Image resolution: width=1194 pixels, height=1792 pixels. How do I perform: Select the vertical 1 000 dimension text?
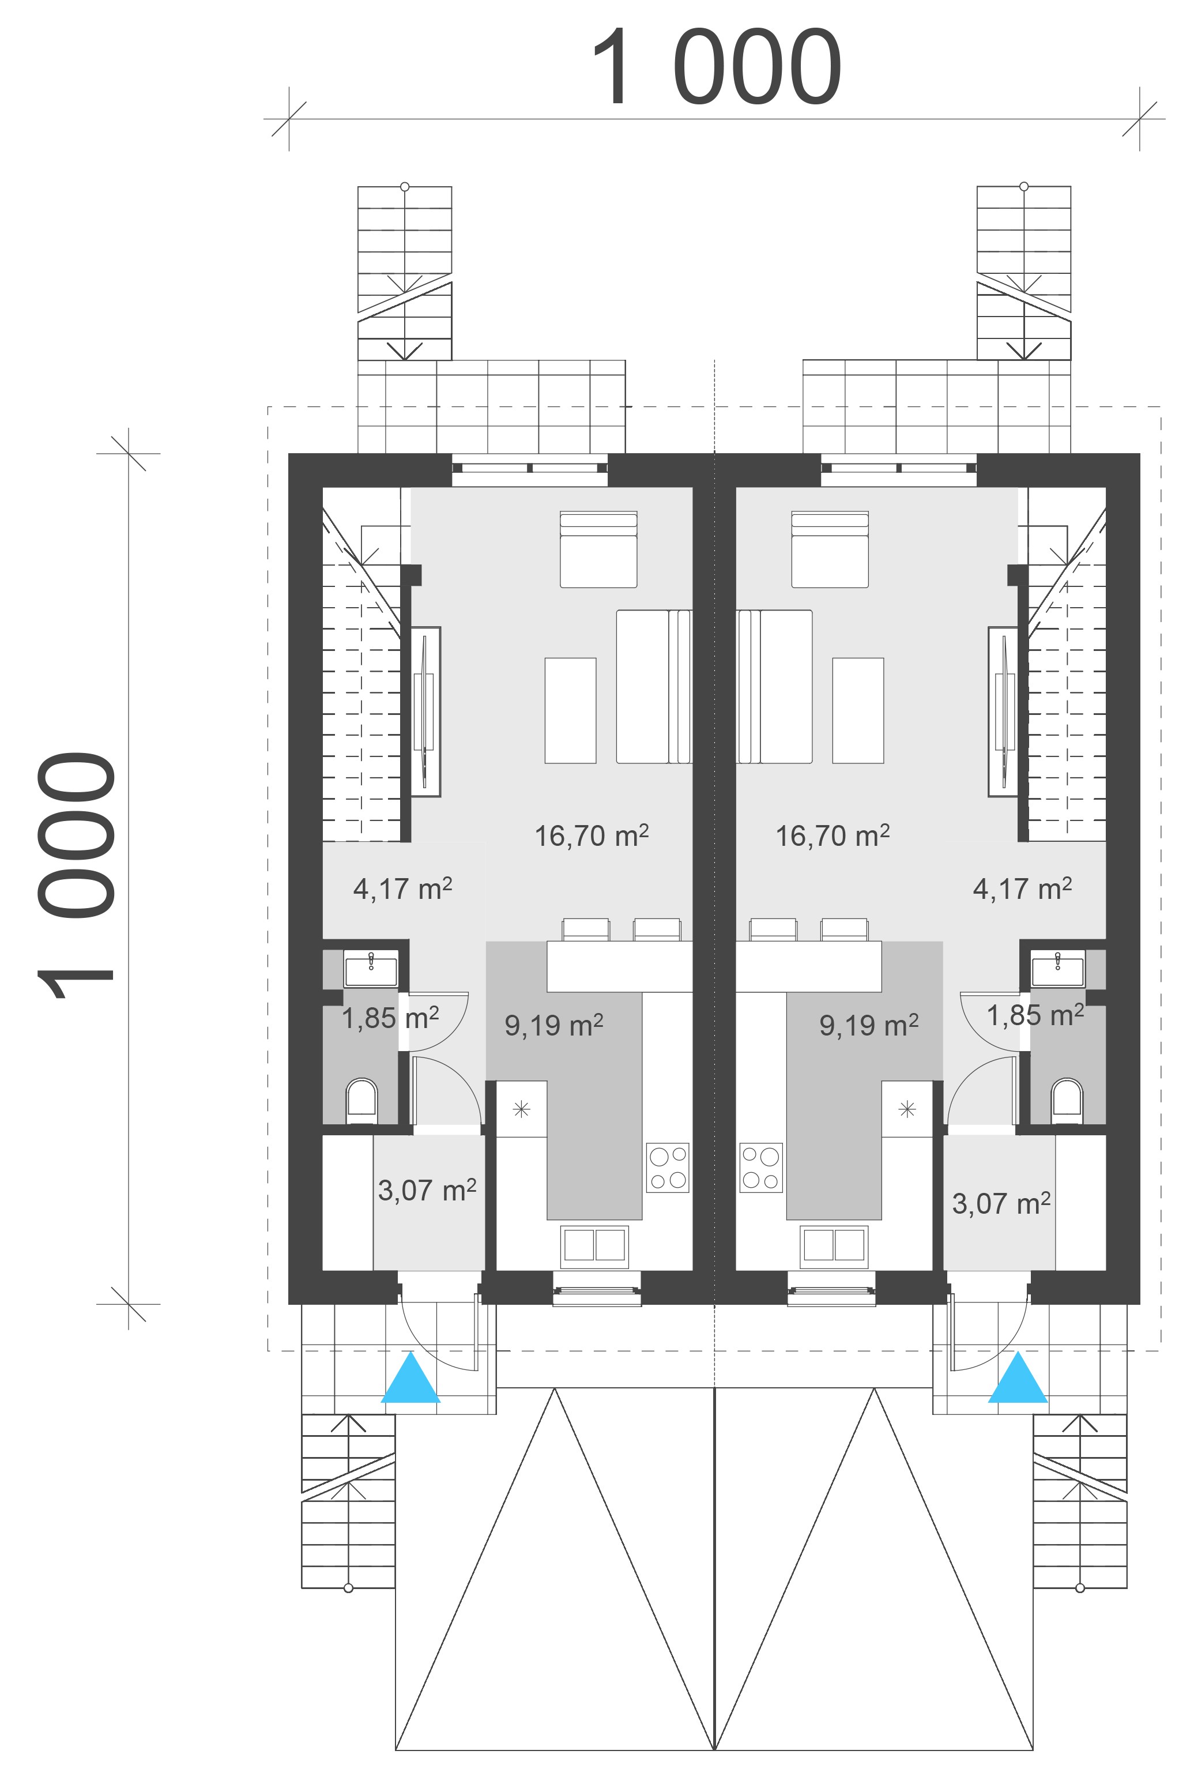[76, 875]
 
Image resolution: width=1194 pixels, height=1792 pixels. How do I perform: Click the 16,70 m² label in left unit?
[592, 835]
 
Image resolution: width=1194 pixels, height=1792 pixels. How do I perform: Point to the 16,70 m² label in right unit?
[833, 835]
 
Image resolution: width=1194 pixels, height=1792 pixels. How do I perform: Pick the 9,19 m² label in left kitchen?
[553, 1025]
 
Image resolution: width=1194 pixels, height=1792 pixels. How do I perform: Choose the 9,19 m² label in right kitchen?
[869, 1025]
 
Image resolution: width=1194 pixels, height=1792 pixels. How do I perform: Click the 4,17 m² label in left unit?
[403, 888]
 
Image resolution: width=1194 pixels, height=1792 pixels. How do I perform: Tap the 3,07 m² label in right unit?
[1001, 1203]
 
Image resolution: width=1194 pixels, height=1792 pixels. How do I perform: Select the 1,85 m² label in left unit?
[390, 1018]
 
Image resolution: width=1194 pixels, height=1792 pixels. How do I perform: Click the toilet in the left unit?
[361, 1101]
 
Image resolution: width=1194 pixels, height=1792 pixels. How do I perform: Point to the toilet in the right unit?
[1067, 1101]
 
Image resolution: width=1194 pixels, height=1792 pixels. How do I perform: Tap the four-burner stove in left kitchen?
[668, 1168]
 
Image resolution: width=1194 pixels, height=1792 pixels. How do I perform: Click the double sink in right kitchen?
[834, 1247]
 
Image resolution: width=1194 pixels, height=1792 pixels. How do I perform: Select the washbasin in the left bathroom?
[371, 969]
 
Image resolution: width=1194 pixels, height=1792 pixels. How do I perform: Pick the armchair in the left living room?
[598, 549]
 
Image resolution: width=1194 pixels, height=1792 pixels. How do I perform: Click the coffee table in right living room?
[858, 710]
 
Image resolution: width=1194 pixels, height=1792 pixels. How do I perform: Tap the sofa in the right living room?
[774, 686]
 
